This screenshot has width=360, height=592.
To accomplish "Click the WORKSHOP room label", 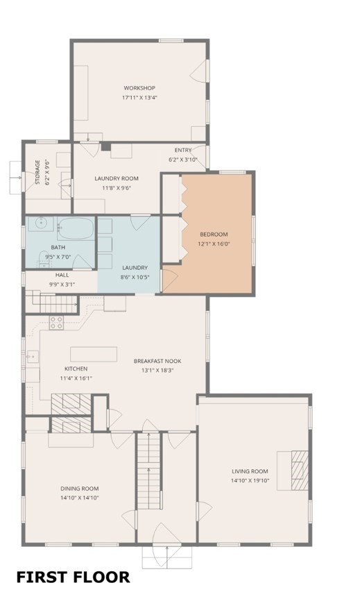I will [139, 88].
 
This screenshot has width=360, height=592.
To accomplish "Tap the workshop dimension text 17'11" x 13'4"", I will [139, 98].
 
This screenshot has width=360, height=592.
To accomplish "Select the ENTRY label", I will [183, 150].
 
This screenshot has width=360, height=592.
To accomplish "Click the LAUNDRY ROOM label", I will [117, 178].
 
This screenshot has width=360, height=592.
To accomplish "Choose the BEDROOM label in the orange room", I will [214, 235].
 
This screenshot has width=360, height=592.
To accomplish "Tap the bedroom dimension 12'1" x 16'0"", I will [214, 244].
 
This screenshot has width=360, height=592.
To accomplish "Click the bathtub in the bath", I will [75, 228].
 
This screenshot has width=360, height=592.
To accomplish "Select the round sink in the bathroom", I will [40, 223].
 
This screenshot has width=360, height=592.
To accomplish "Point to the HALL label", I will [62, 275].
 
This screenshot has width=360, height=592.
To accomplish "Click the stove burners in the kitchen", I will [56, 322].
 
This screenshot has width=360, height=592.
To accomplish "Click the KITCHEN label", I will [76, 369].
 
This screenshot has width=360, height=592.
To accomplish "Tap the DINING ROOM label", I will [80, 488].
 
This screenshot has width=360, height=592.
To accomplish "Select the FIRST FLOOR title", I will [73, 577].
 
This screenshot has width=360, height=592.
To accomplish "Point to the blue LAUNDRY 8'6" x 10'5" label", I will [135, 268].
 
